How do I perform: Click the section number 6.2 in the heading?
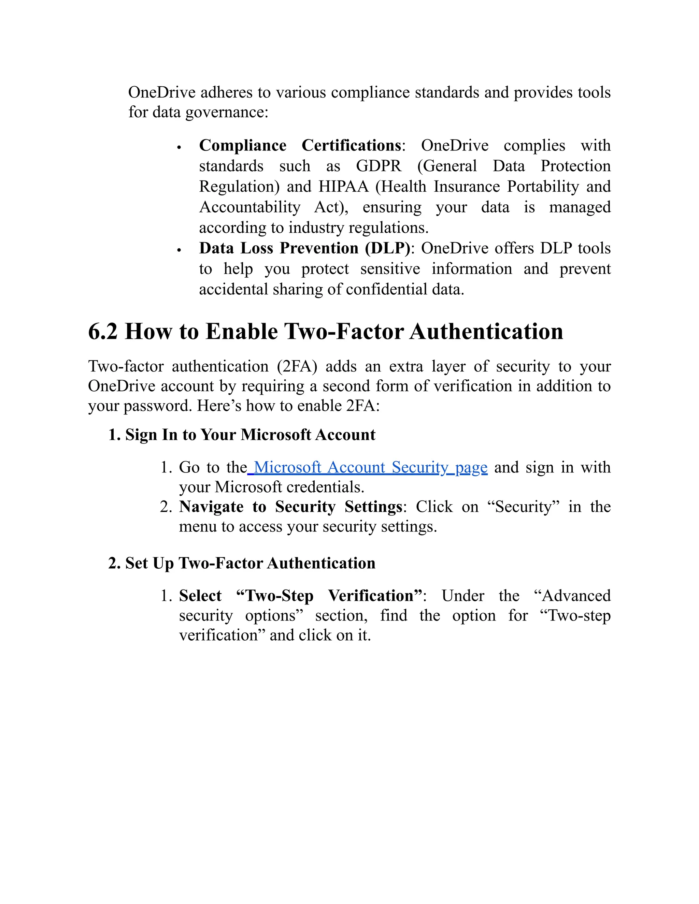pyautogui.click(x=103, y=332)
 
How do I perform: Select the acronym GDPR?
pyautogui.click(x=379, y=166)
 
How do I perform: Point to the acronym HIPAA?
pyautogui.click(x=343, y=187)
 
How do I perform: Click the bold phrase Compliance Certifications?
pyautogui.click(x=300, y=145)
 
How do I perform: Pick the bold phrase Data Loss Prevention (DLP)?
pyautogui.click(x=304, y=248)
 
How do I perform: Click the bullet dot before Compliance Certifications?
pyautogui.click(x=179, y=147)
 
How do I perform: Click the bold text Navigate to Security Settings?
pyautogui.click(x=290, y=507)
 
